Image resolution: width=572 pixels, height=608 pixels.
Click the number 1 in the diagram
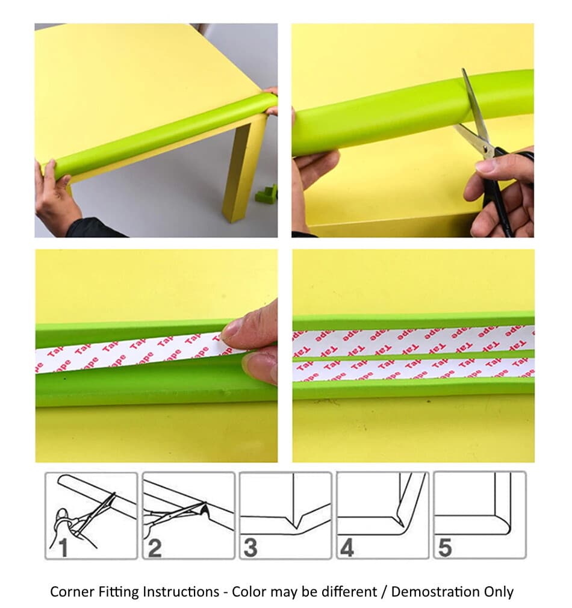59,548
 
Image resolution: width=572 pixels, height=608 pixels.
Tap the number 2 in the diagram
155,548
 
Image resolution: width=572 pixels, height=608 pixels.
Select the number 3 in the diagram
250,548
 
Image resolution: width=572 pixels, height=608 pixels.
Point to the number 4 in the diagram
347,548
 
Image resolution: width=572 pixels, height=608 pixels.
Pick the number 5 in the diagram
444,548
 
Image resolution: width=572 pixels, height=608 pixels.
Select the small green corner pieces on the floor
266,194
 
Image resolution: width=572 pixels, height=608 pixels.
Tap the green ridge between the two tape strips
413,355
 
